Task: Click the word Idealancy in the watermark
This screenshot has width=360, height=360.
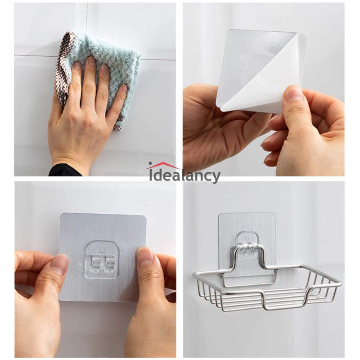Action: pos(184,175)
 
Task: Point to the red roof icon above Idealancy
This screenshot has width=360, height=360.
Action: pos(162,165)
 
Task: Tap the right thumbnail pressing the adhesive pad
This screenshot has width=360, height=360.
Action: pos(144,258)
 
